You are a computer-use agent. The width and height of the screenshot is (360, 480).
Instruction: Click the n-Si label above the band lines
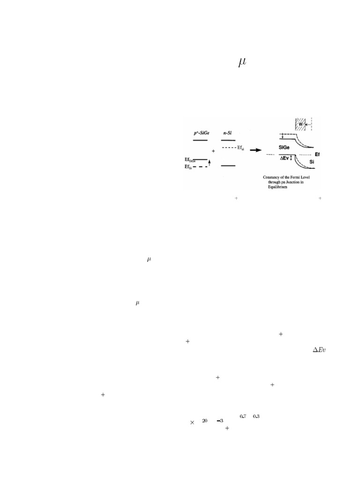pyautogui.click(x=228, y=133)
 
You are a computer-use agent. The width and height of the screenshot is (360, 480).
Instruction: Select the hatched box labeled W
pyautogui.click(x=300, y=125)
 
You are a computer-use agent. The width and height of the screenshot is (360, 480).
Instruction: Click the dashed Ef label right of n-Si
pyautogui.click(x=240, y=148)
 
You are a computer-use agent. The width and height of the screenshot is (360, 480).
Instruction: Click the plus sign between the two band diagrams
pyautogui.click(x=213, y=151)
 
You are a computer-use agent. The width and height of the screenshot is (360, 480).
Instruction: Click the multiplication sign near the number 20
pyautogui.click(x=192, y=422)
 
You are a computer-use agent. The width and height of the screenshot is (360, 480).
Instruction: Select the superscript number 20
pyautogui.click(x=205, y=421)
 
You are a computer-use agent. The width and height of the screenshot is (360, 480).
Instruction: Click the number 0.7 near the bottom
pyautogui.click(x=243, y=416)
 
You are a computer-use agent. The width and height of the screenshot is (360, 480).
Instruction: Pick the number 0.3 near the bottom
pyautogui.click(x=256, y=416)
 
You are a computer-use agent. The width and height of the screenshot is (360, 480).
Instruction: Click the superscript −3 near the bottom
pyautogui.click(x=219, y=421)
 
